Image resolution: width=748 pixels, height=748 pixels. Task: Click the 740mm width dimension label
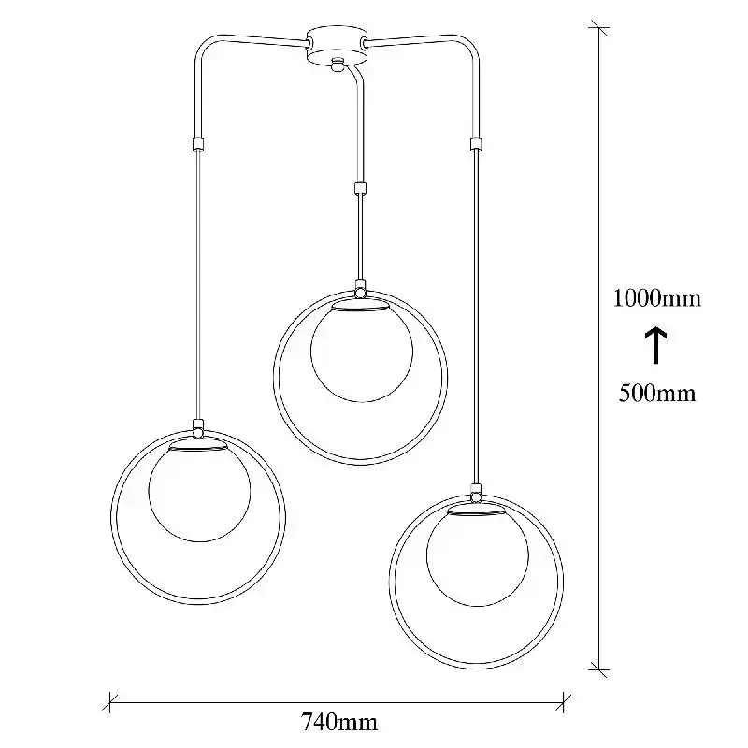click(338, 722)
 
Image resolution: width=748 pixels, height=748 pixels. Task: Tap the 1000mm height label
click(657, 298)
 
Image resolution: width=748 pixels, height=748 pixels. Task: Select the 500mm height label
click(657, 394)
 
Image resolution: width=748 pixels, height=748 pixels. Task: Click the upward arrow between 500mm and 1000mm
click(656, 345)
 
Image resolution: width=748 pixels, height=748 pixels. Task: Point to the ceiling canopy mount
click(338, 44)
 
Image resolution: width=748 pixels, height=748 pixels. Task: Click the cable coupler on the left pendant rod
click(198, 144)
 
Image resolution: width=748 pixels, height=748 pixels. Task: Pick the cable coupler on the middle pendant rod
click(360, 188)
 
